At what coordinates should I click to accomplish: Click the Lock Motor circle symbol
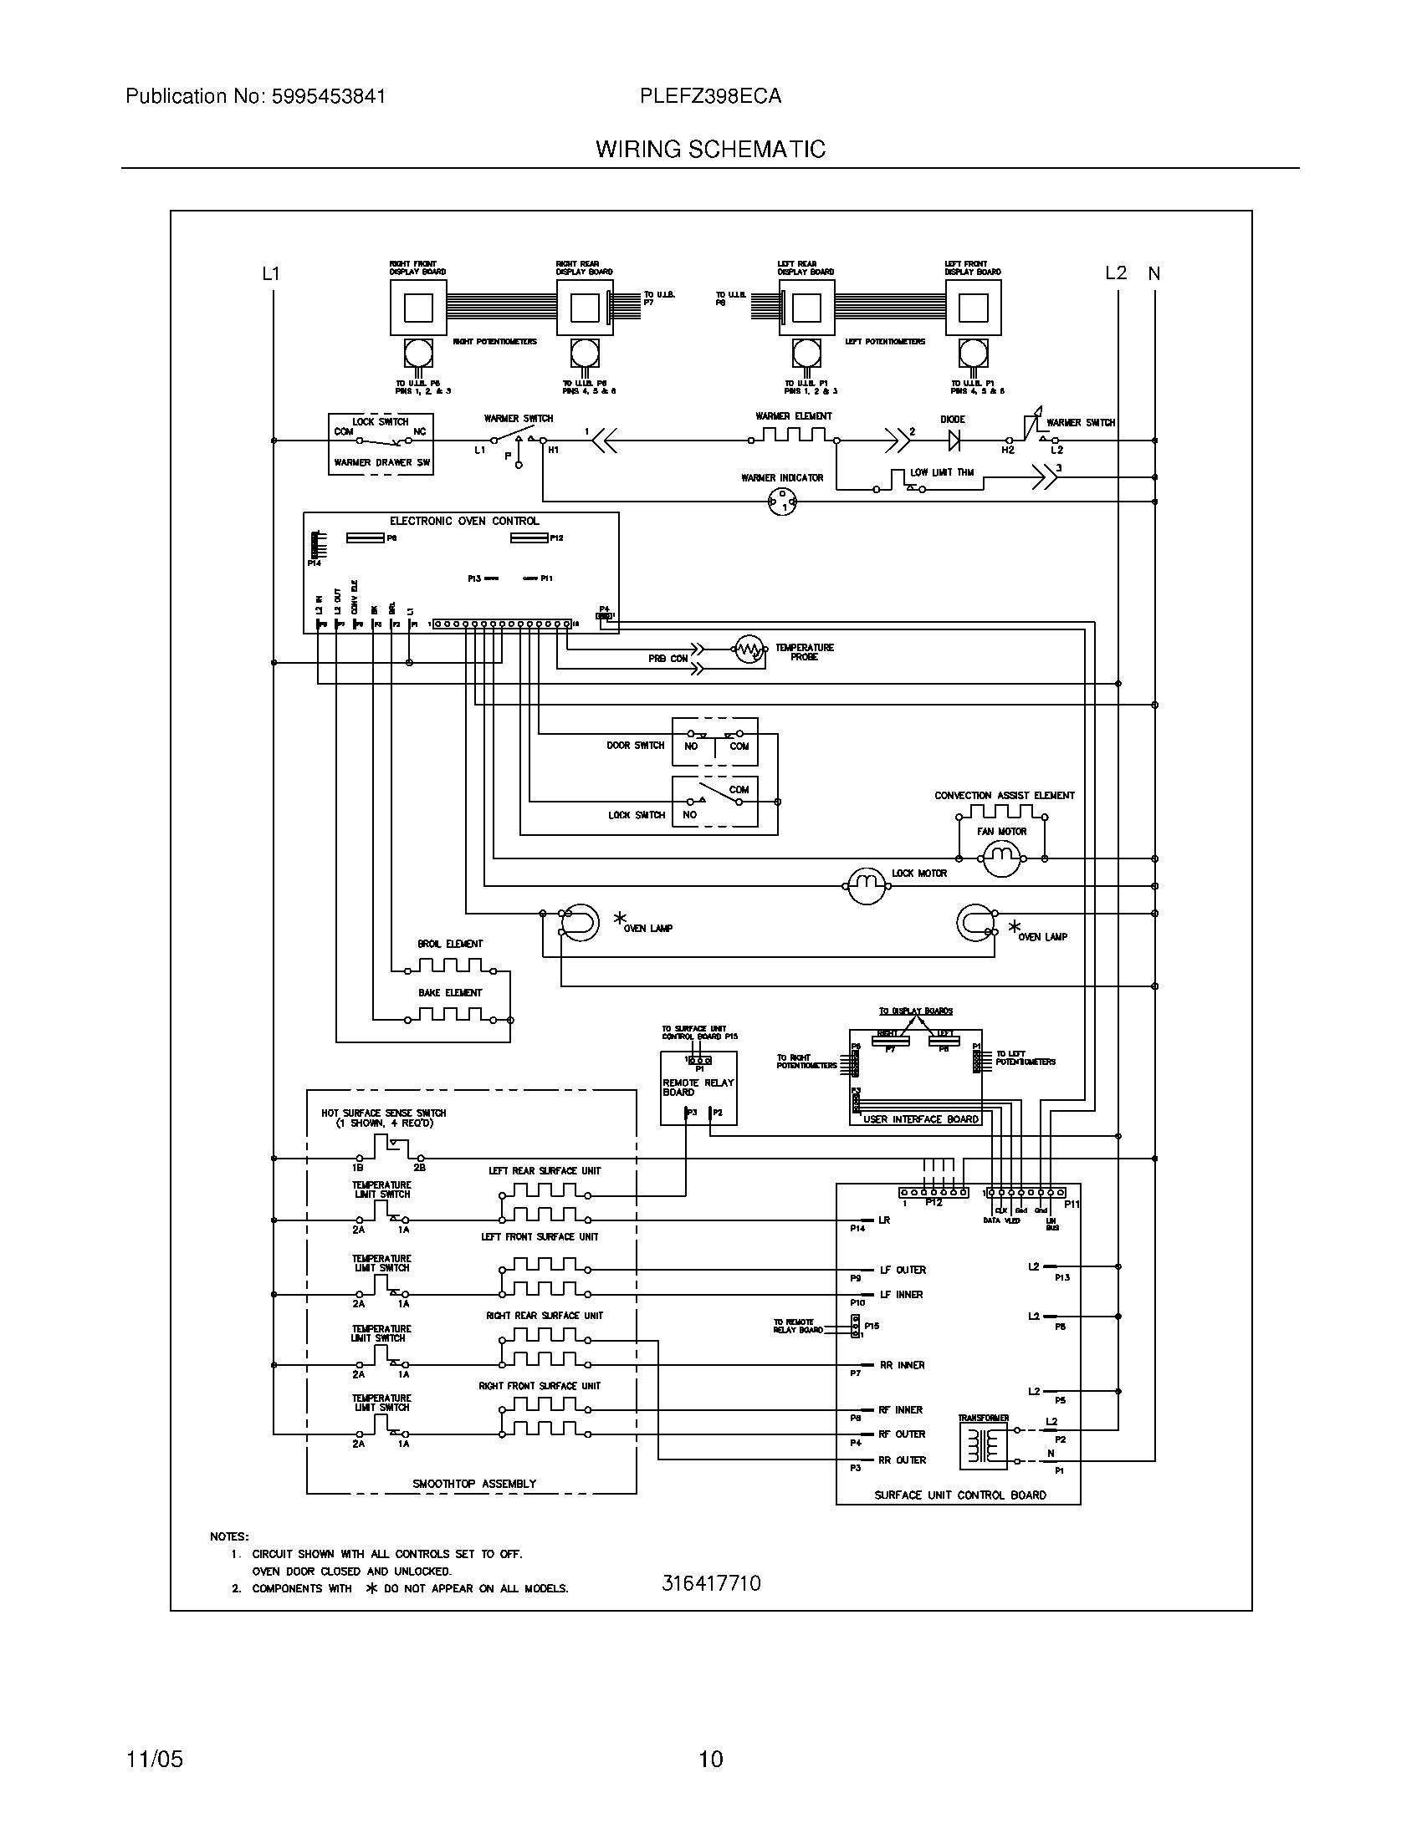click(x=866, y=886)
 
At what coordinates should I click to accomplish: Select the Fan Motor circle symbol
click(x=1001, y=858)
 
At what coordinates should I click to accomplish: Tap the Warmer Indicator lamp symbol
click(x=783, y=502)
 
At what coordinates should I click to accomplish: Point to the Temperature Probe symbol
click(x=748, y=650)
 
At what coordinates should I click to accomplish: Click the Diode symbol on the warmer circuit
click(x=954, y=440)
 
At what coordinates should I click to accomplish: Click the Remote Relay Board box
click(x=698, y=1088)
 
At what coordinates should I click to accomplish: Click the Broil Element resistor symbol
click(x=451, y=965)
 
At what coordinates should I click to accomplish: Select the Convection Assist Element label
click(x=1004, y=795)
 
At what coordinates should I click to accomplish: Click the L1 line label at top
click(x=270, y=273)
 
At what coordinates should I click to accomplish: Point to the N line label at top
click(x=1154, y=273)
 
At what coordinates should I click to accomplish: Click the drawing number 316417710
click(x=711, y=1583)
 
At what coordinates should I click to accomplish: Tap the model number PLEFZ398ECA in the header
click(x=710, y=96)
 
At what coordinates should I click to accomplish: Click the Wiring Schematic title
click(x=710, y=150)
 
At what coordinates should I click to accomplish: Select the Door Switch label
click(x=635, y=745)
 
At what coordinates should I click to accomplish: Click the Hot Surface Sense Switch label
click(x=383, y=1113)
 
